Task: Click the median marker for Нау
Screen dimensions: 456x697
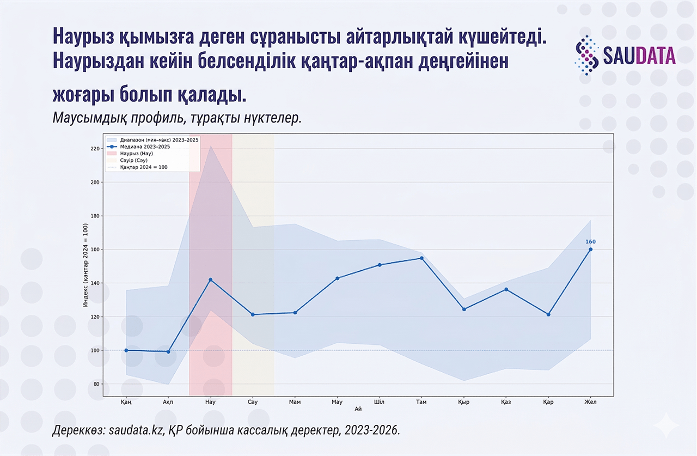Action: point(211,280)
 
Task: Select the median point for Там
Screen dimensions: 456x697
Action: point(421,258)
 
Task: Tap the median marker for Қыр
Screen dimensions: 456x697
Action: point(464,309)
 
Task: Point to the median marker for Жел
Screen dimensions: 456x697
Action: point(591,250)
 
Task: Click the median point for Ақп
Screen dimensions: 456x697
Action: point(168,352)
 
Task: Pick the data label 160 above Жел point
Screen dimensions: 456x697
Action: point(591,242)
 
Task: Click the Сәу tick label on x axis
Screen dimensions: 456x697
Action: point(253,402)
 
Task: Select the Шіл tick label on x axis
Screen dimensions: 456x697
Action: point(380,402)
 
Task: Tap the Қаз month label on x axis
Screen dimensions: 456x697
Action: point(506,402)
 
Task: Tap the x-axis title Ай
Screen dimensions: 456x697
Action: point(358,409)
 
